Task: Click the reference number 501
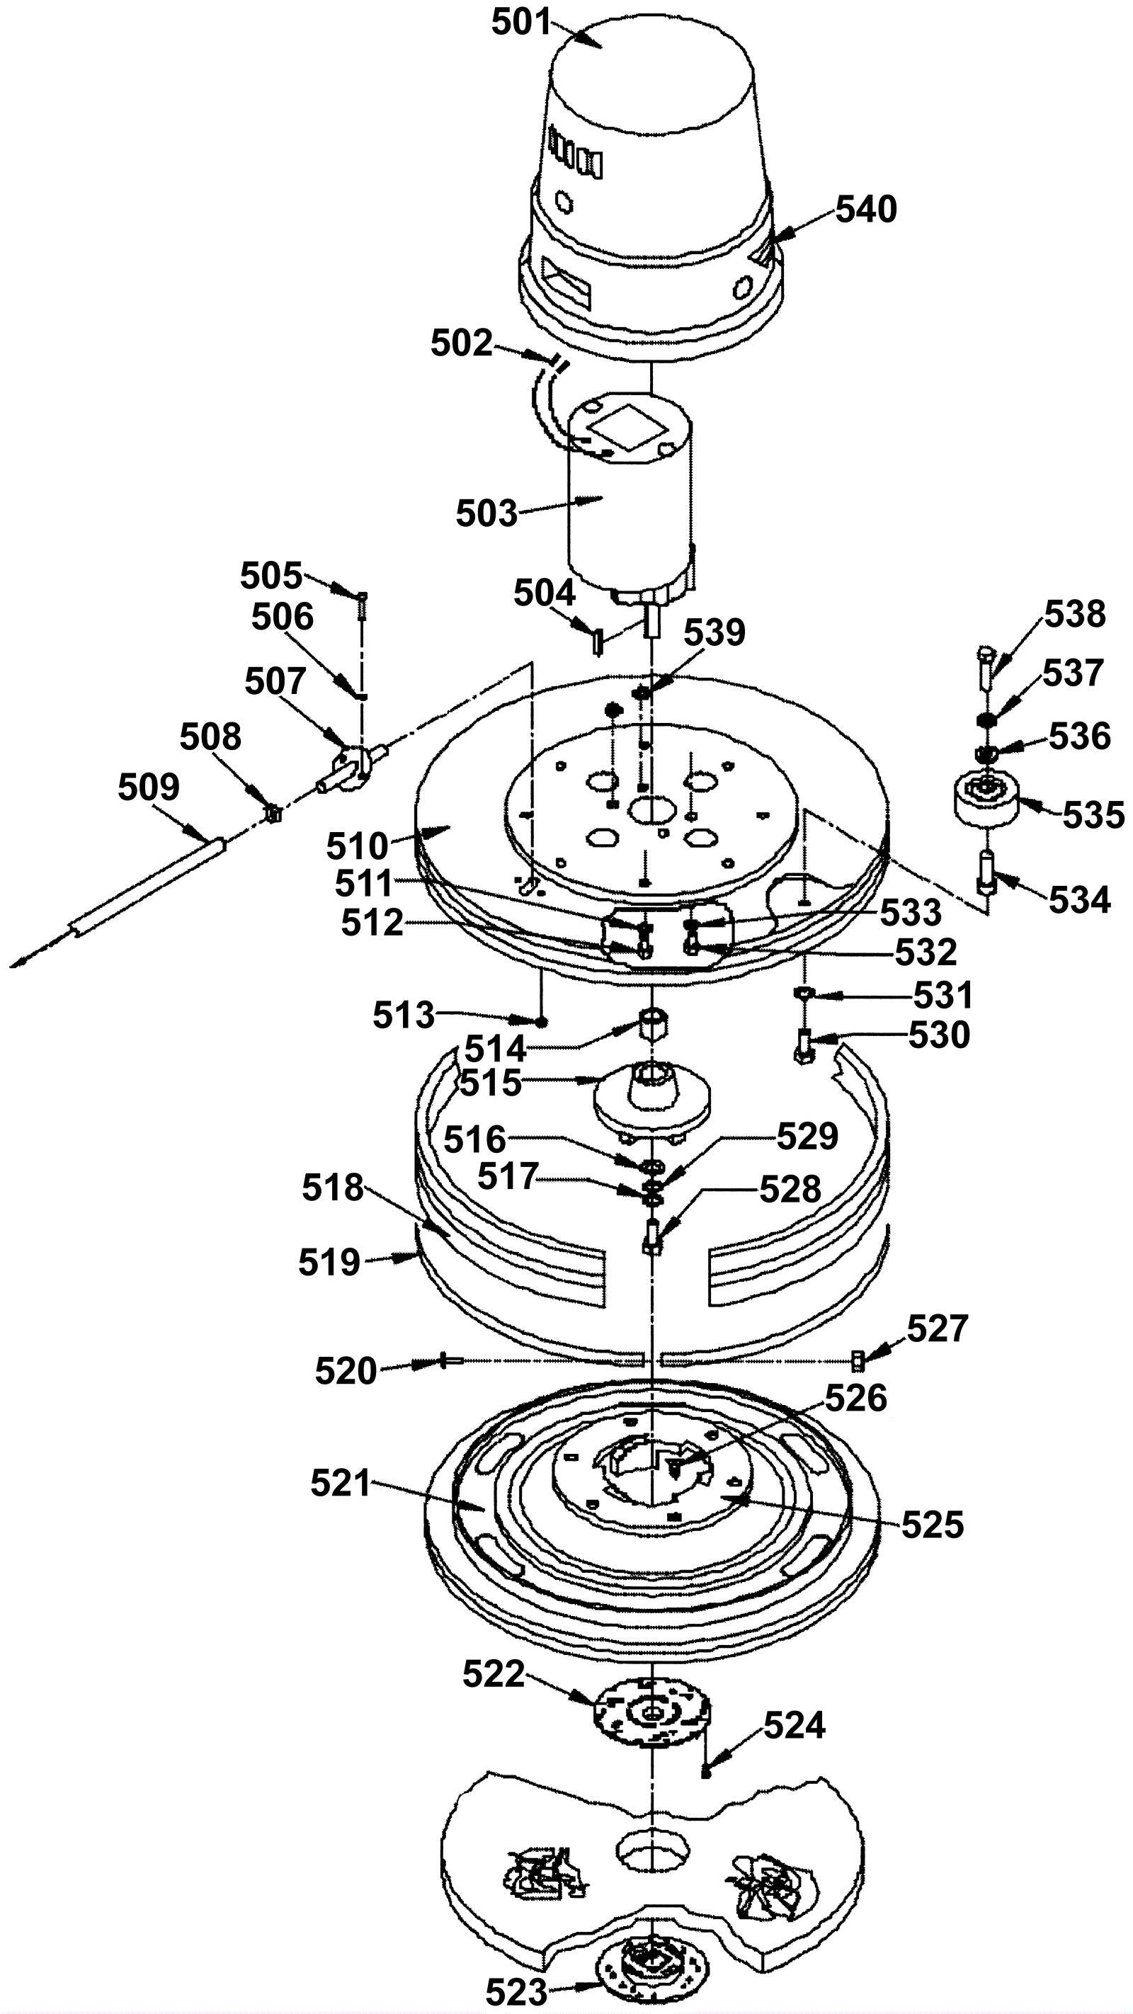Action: (x=522, y=23)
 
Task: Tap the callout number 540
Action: (x=866, y=210)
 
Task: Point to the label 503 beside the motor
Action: (x=487, y=513)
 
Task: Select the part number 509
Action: (x=149, y=787)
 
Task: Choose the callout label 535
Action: (x=1093, y=816)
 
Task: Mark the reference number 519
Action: (x=329, y=1263)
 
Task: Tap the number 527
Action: (x=938, y=1329)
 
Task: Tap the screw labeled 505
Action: (x=362, y=603)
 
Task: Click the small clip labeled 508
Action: (x=273, y=814)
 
